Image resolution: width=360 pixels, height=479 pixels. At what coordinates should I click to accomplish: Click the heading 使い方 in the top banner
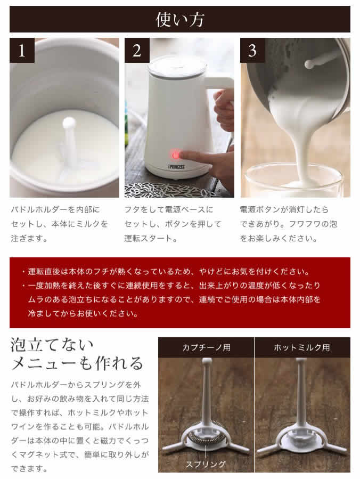coord(179,20)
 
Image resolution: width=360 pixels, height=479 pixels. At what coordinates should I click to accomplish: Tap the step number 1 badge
coord(22,51)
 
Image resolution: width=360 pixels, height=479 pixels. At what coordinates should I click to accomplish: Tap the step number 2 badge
coord(137,51)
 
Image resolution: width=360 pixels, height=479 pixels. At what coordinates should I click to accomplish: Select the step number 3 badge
coord(252,51)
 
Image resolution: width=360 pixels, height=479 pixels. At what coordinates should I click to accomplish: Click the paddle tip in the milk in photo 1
coord(69,123)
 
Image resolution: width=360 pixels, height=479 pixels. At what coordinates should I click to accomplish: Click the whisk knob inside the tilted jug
coord(309,64)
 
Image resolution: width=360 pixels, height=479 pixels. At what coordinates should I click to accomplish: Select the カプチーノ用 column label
coord(206,347)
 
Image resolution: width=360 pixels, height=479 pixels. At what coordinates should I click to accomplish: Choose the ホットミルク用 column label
coord(302,347)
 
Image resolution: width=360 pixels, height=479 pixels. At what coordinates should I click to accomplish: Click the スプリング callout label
coord(205,464)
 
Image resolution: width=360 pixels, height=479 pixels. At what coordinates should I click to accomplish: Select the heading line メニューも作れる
coord(77,364)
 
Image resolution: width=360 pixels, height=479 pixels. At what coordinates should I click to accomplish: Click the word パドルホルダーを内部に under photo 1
coord(55,209)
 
